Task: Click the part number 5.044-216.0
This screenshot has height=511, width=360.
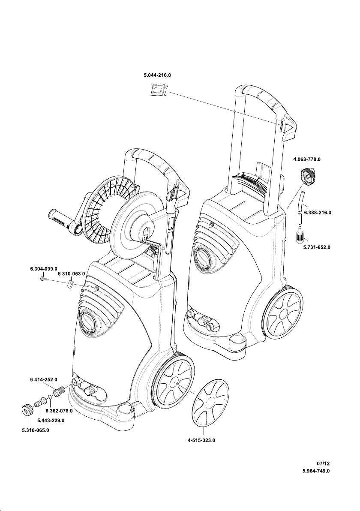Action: click(157, 75)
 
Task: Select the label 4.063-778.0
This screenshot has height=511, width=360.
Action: click(307, 159)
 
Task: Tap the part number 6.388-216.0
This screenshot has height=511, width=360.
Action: click(318, 212)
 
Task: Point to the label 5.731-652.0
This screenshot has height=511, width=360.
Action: click(318, 247)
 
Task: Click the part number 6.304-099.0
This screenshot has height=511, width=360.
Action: click(44, 268)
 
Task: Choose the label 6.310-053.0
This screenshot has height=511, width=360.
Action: click(72, 273)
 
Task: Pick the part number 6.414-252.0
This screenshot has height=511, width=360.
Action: click(44, 379)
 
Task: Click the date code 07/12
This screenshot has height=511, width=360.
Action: click(323, 463)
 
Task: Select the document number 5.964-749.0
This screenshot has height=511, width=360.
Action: click(316, 471)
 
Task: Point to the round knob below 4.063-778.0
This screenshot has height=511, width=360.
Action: click(307, 176)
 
